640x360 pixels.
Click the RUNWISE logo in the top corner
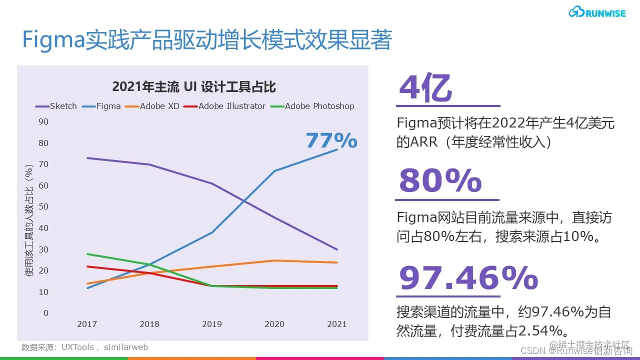[597, 12]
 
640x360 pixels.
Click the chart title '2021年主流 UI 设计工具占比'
[194, 86]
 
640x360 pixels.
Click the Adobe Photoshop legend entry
[312, 106]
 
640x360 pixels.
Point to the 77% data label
[331, 140]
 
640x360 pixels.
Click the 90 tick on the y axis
[43, 121]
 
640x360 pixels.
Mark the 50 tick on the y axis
[43, 206]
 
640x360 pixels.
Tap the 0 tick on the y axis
[46, 313]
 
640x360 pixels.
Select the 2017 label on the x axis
[87, 324]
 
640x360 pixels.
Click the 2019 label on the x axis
[212, 324]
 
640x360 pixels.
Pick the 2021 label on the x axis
[337, 324]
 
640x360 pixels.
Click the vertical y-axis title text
[29, 220]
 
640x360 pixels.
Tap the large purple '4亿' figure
[425, 89]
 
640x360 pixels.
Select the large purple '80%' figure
[440, 180]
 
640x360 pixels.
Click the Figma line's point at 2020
[274, 171]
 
